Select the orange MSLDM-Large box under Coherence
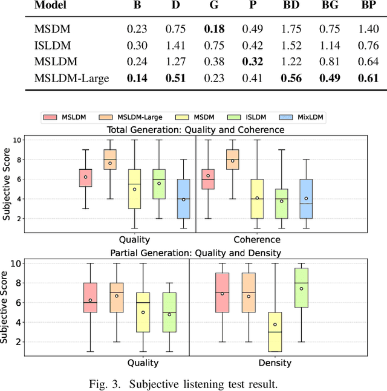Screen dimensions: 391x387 pos(233,160)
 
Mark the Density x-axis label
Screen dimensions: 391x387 pos(275,363)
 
